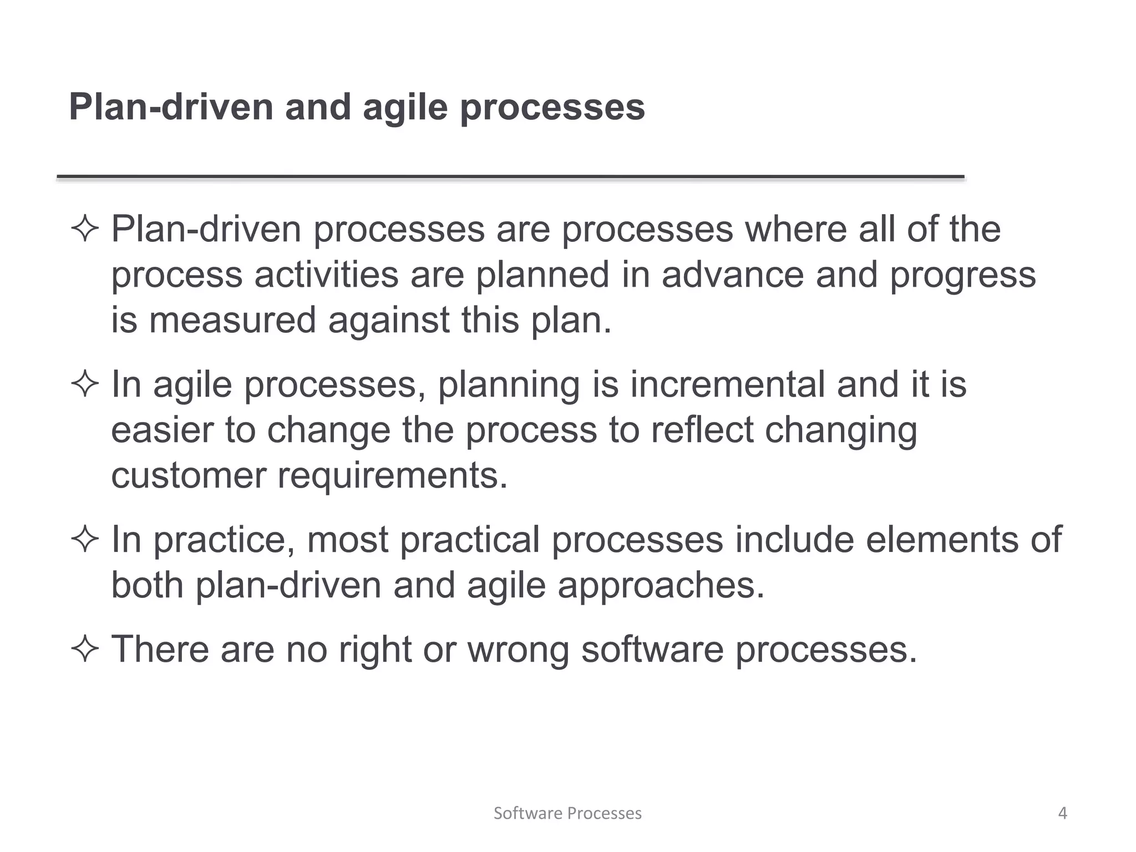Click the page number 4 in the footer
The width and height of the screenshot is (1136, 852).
(1062, 813)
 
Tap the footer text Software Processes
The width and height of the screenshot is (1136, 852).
(567, 813)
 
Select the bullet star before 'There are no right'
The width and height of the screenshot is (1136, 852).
(85, 649)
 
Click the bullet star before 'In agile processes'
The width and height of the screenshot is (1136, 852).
(85, 384)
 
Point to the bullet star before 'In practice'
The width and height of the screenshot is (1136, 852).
(85, 540)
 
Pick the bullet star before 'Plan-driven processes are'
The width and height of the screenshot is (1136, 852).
(85, 229)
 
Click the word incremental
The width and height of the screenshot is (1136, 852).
(727, 384)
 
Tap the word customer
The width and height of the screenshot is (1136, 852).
(189, 476)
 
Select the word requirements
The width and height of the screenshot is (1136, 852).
(392, 476)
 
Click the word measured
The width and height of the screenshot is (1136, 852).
(232, 321)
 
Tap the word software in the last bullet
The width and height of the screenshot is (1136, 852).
(652, 649)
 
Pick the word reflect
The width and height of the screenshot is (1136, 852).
(702, 430)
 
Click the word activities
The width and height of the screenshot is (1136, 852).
(326, 275)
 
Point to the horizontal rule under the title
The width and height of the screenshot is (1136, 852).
(510, 177)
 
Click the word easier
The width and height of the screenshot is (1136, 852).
(162, 430)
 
